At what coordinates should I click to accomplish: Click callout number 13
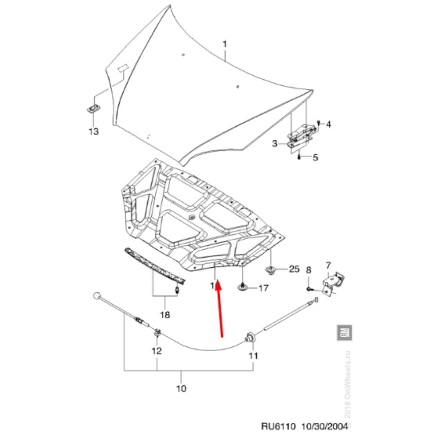coord(94,131)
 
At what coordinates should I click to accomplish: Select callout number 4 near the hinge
coord(328,125)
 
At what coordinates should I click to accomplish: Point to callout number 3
coord(275,144)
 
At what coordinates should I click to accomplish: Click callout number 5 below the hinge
coord(315,157)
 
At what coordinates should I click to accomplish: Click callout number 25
coord(294,270)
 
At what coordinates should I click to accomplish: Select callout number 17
coord(263,288)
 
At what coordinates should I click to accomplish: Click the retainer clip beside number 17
coord(242,287)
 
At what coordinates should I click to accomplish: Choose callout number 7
coord(328,265)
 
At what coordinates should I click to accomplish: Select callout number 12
coord(157,350)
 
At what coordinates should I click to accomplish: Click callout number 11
coord(253,355)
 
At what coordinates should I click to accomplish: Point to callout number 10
coord(181,388)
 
